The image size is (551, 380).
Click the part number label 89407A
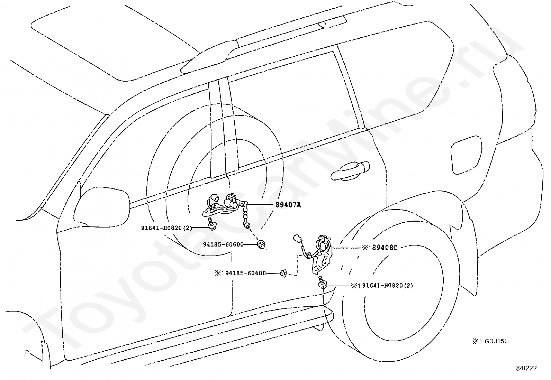point(288,205)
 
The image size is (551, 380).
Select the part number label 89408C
point(380,248)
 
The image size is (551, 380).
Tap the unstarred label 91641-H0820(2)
point(166,228)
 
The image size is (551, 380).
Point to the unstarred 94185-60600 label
point(223,244)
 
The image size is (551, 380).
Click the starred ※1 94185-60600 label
point(240,274)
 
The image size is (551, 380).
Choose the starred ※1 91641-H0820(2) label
point(382,286)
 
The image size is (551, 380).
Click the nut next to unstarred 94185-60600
point(262,245)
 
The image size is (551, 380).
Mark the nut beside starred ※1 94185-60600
point(283,274)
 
